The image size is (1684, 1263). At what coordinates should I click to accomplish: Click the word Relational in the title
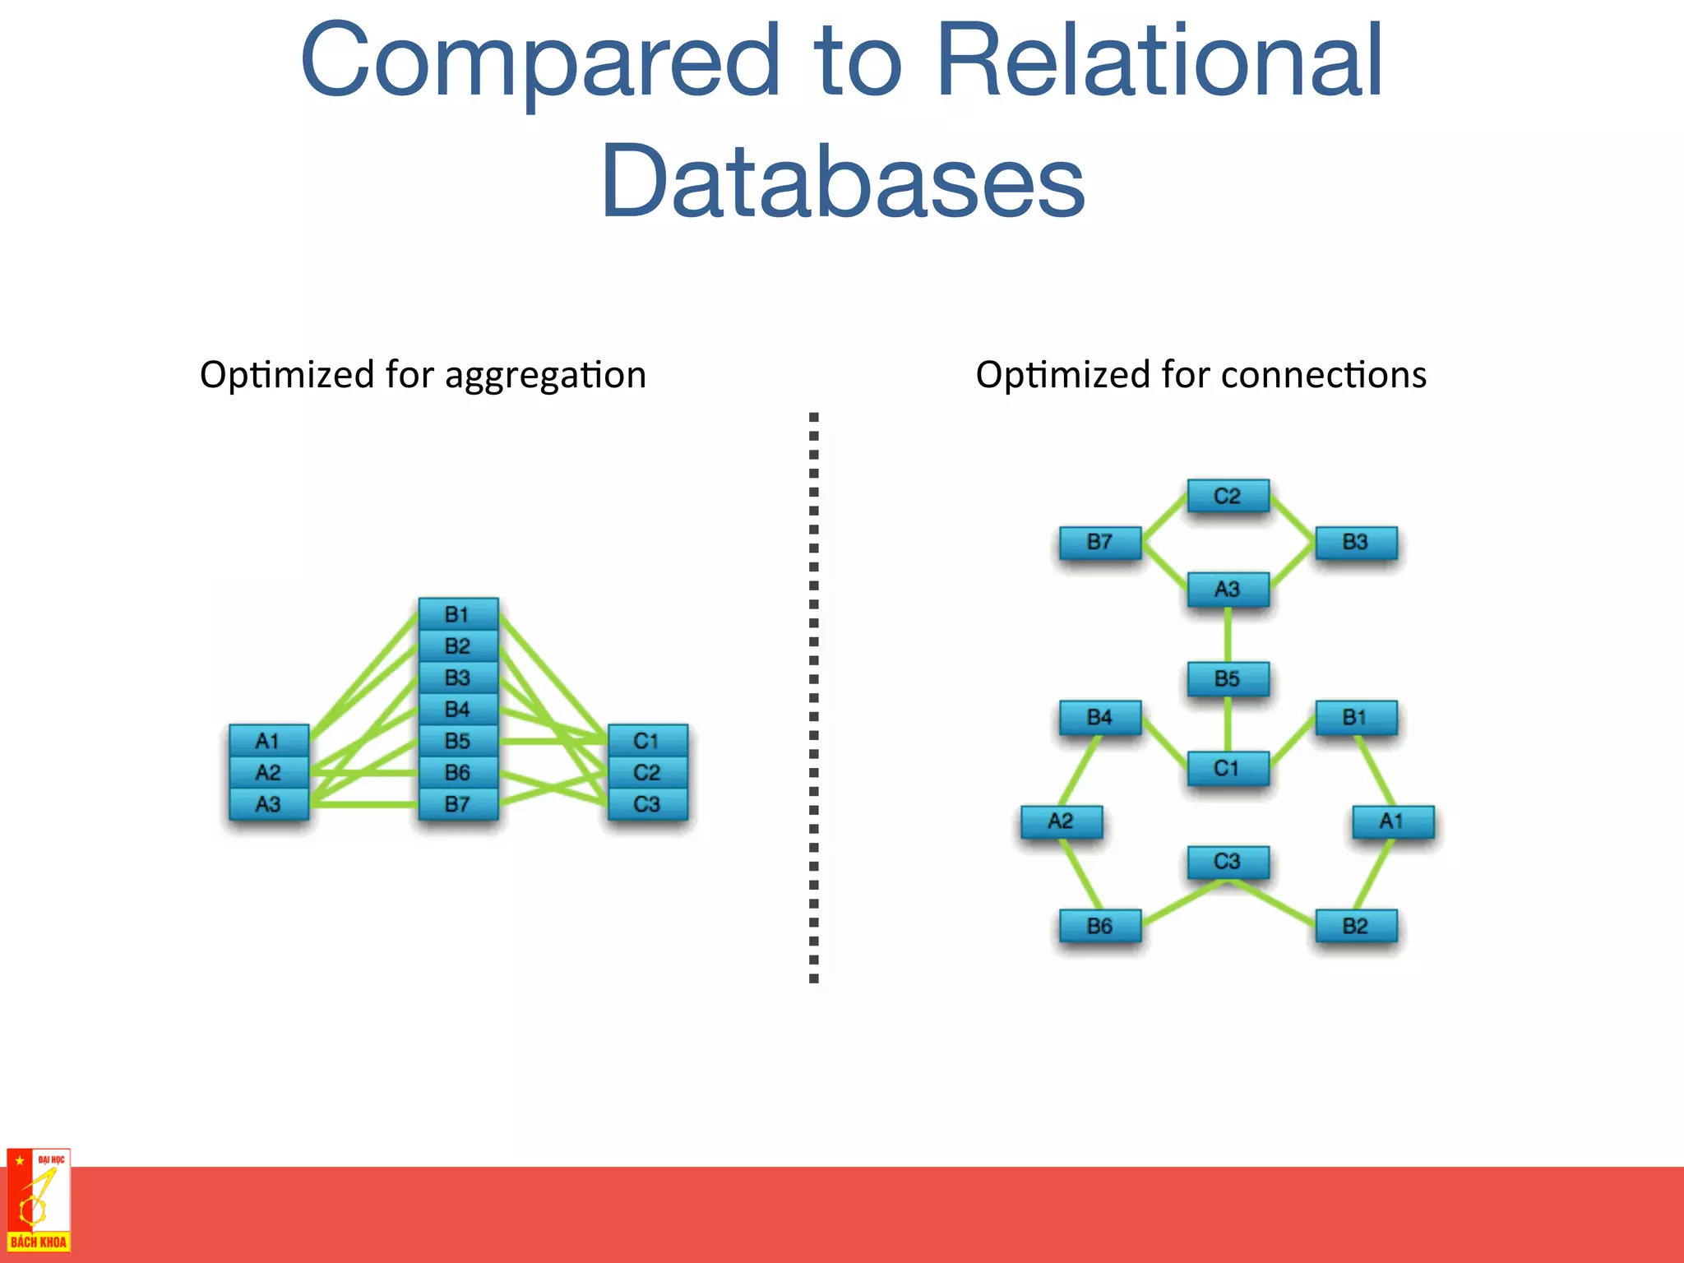pos(1159,62)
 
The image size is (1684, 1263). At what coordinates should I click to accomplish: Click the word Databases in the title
pos(843,183)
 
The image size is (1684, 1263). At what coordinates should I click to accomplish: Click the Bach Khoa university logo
pos(38,1201)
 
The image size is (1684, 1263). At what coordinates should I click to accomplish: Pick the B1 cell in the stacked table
pos(458,614)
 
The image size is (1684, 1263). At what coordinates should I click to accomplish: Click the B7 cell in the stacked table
pos(458,804)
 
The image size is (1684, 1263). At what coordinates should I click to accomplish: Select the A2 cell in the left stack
pos(269,773)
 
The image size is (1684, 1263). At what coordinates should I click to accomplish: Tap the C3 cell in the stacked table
pos(647,804)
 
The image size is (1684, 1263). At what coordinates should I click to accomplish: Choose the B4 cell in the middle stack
pos(458,709)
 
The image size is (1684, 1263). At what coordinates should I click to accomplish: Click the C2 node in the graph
pos(1228,496)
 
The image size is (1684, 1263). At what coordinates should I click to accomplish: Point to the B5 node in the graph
pos(1228,679)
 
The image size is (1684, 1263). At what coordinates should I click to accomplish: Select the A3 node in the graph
pos(1228,590)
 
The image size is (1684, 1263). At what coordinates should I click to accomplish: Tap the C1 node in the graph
pos(1228,769)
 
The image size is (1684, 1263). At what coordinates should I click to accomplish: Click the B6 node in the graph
pos(1100,926)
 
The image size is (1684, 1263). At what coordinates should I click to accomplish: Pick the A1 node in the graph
pos(1392,821)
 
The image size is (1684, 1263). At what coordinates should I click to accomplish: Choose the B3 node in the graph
pos(1355,543)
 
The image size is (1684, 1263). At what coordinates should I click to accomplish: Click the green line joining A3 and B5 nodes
pos(1228,635)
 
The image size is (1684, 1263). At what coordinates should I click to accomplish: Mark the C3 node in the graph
pos(1228,862)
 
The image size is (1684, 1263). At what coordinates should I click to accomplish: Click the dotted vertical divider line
pos(814,699)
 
